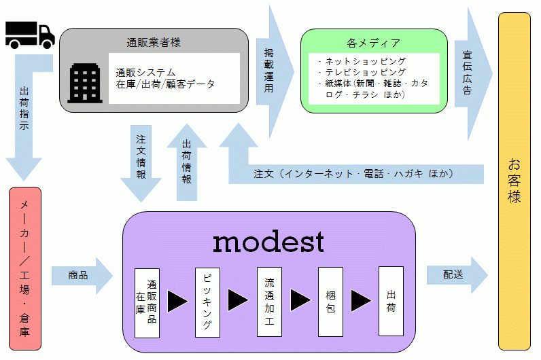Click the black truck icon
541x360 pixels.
click(x=29, y=34)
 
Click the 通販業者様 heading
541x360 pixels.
click(x=154, y=42)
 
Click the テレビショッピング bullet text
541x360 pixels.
click(x=365, y=72)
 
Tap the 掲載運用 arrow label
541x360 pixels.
click(x=270, y=70)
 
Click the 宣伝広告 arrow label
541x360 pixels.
click(x=468, y=73)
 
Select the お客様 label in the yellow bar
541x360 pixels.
click(x=514, y=180)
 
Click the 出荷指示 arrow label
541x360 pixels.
click(x=25, y=112)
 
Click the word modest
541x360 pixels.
click(x=268, y=240)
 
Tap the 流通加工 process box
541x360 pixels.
click(x=268, y=302)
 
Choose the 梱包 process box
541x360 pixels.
click(x=330, y=301)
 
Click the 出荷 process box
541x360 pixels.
click(x=391, y=301)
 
